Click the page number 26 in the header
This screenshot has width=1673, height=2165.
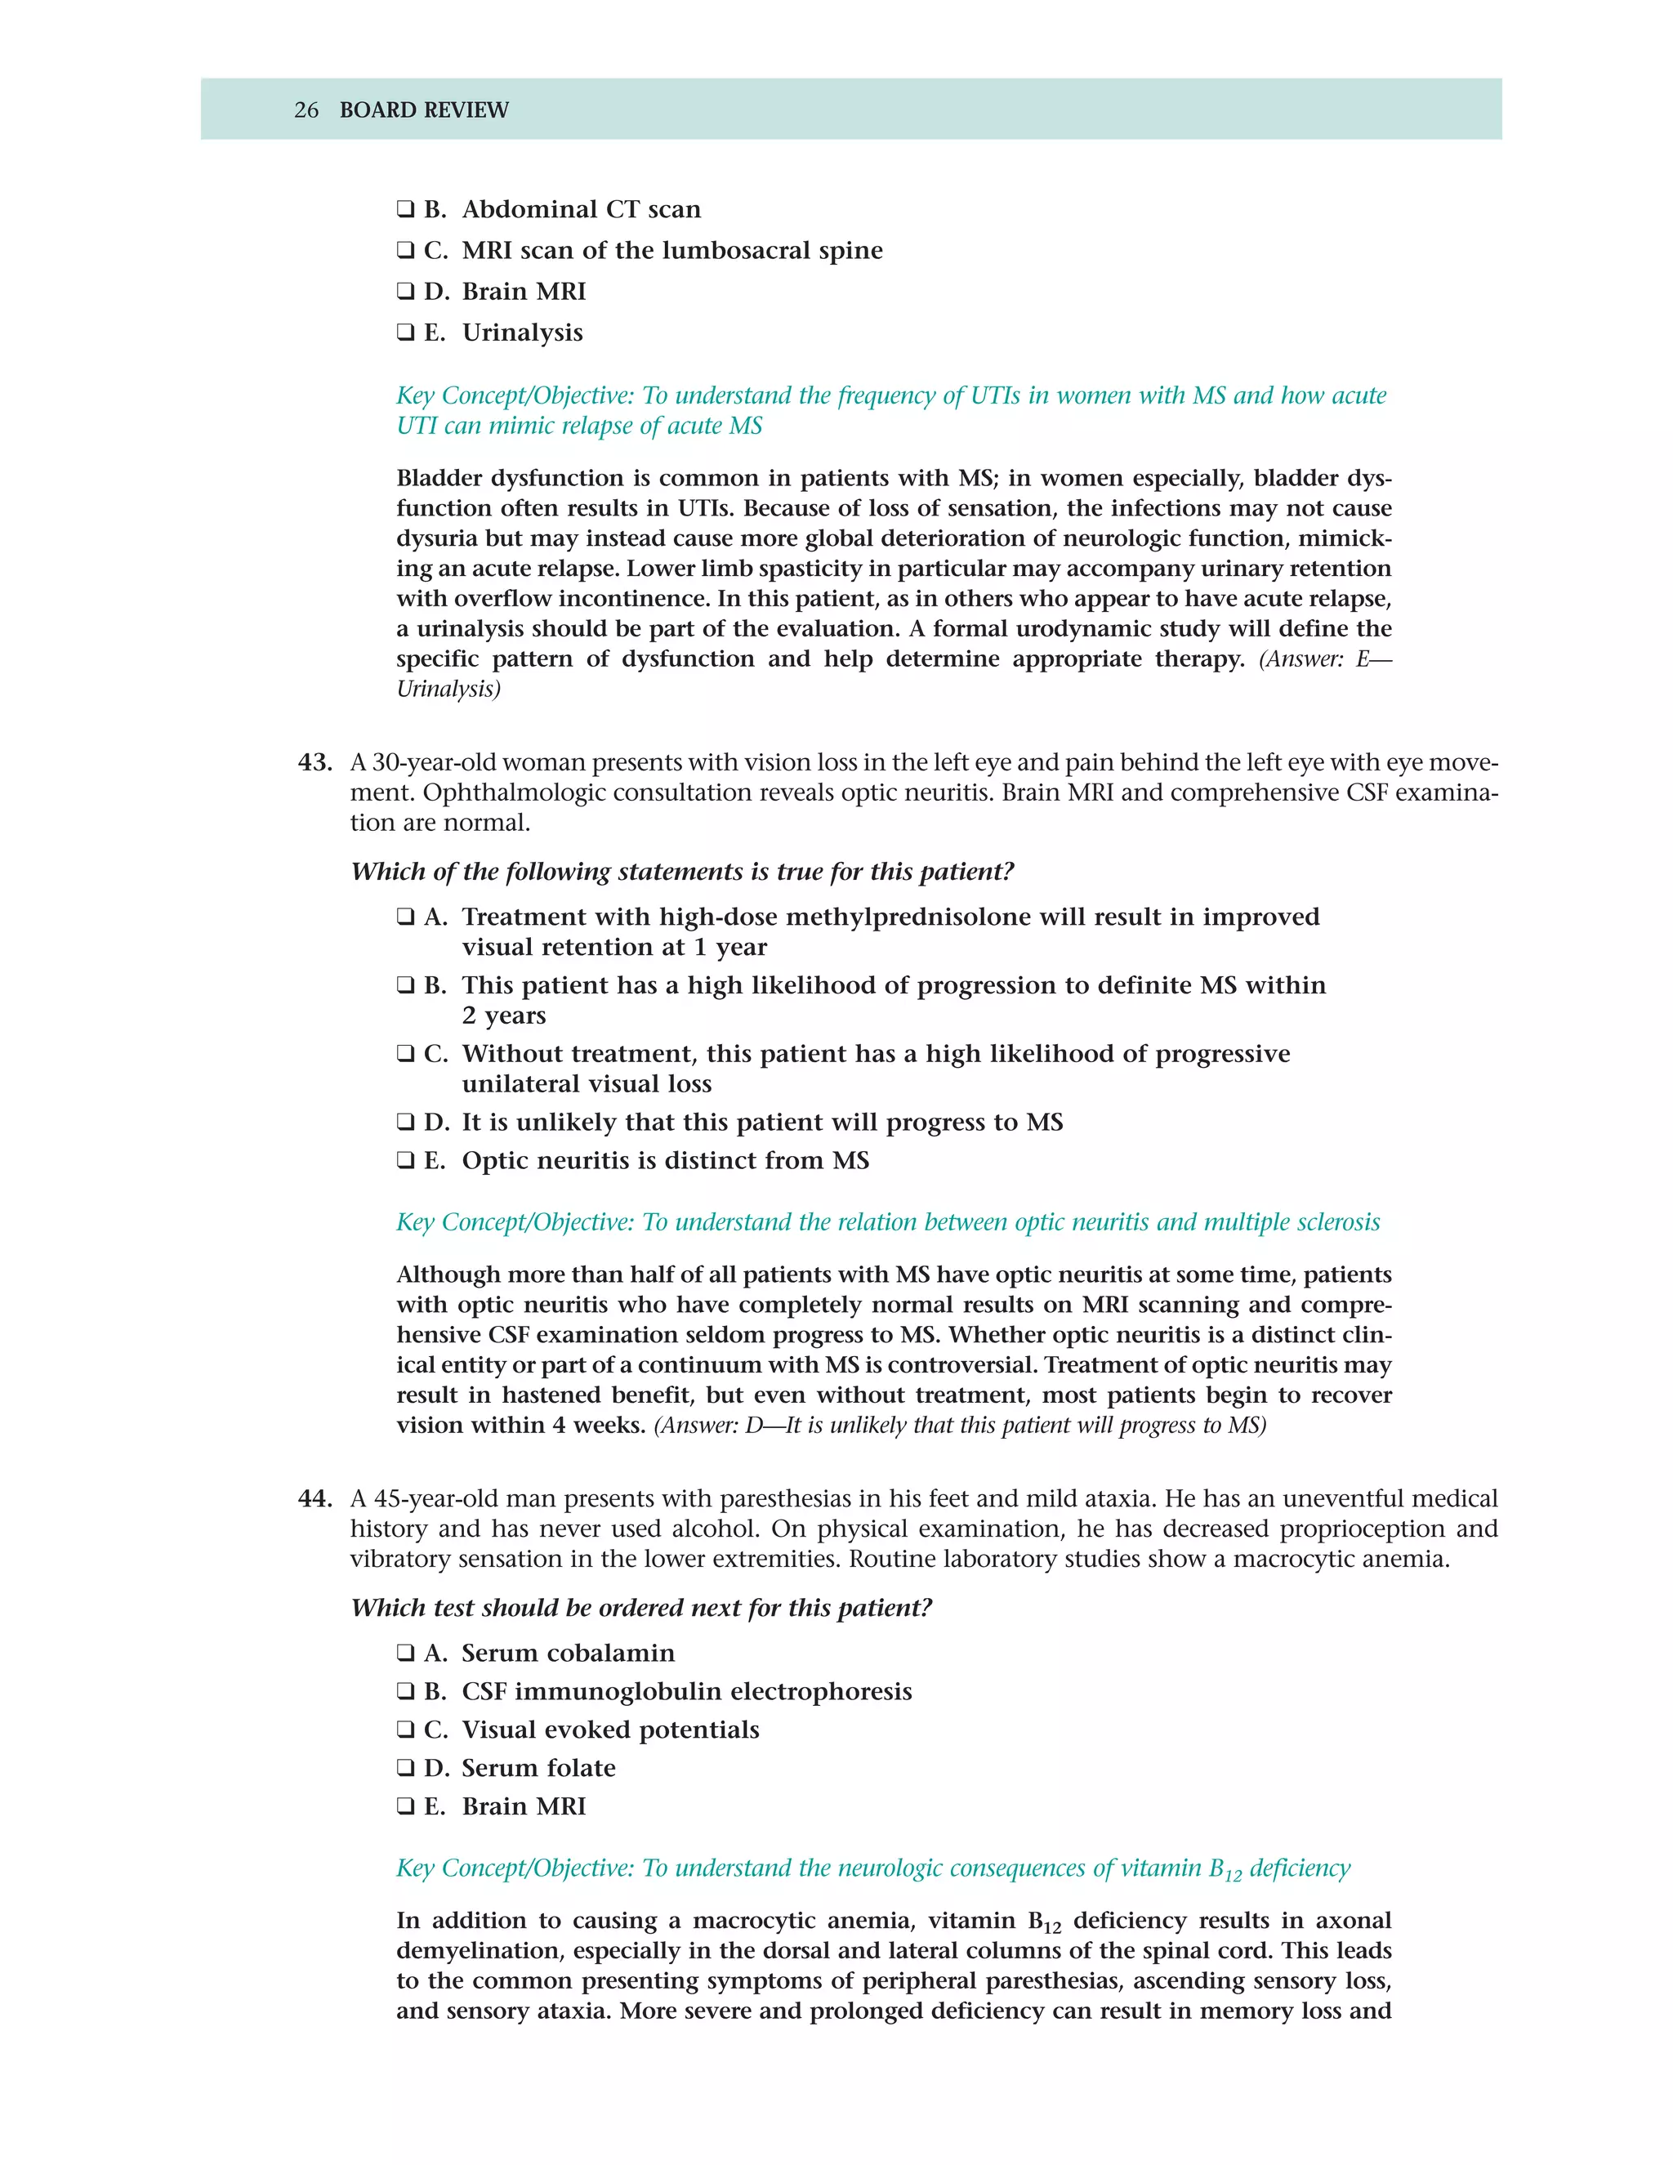click(306, 110)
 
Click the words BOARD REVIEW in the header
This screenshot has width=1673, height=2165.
click(423, 110)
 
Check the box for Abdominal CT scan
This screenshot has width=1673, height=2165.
click(405, 209)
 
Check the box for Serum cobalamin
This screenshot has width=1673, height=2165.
click(405, 1653)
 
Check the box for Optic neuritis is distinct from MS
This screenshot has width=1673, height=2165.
click(405, 1161)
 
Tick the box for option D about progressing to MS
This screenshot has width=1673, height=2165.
click(405, 1123)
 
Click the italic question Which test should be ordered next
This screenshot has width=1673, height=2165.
click(641, 1607)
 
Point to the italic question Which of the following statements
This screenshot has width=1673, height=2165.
click(682, 872)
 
